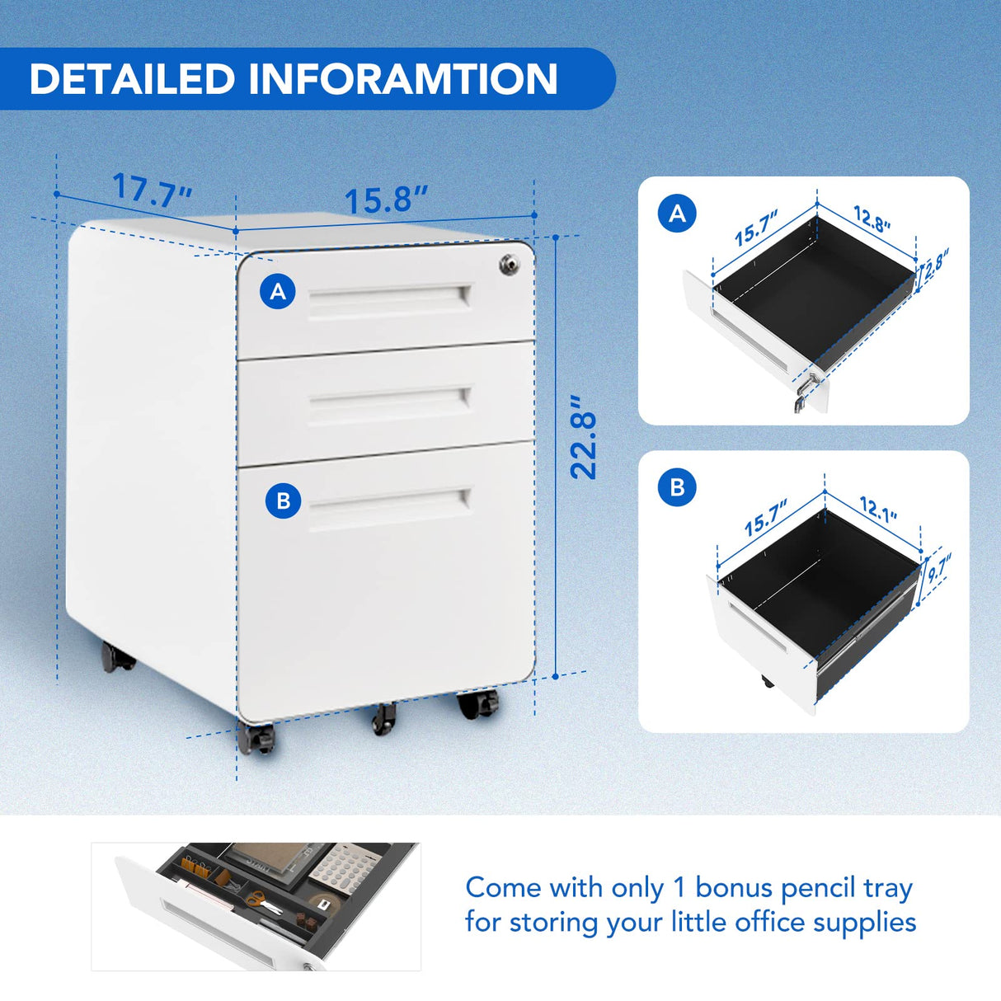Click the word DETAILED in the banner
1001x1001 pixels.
tap(132, 79)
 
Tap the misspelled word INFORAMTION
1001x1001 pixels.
tap(402, 79)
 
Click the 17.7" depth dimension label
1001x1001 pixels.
tap(153, 188)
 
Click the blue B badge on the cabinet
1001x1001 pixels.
tap(283, 500)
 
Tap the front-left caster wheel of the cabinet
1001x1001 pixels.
tap(256, 736)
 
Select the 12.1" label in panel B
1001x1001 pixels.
tap(878, 509)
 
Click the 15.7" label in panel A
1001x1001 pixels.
tap(756, 228)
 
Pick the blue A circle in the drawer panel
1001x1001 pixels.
tap(678, 213)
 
